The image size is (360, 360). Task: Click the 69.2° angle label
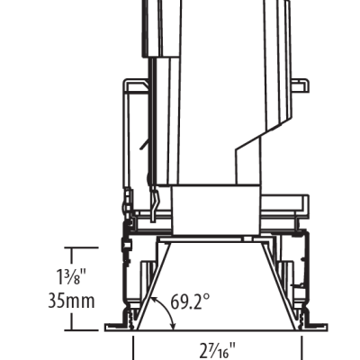(190, 301)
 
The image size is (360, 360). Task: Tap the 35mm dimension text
(71, 301)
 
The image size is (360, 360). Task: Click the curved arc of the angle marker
(168, 309)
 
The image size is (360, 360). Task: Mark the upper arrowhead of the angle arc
(154, 299)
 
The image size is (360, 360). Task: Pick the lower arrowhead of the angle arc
(173, 327)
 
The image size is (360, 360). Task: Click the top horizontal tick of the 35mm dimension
(81, 247)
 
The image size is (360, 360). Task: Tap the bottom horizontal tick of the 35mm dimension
(81, 330)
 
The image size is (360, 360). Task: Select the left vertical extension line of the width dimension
(133, 348)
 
